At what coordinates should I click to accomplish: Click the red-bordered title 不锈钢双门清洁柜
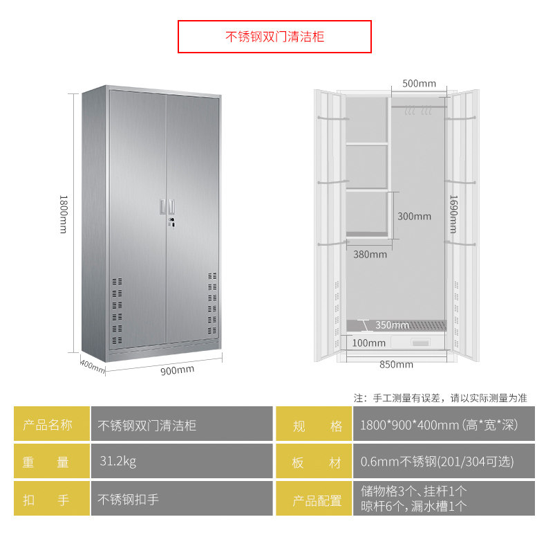(x=274, y=37)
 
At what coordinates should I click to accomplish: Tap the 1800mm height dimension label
(x=63, y=213)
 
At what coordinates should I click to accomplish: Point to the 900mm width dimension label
(x=177, y=370)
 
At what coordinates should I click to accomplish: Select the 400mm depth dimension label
(x=92, y=365)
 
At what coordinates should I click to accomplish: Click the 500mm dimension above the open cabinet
(x=419, y=84)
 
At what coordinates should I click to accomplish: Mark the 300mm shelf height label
(x=414, y=216)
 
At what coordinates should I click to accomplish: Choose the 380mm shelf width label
(x=370, y=254)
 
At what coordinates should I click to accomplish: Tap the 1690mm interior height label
(x=453, y=213)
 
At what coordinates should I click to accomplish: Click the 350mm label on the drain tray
(x=392, y=325)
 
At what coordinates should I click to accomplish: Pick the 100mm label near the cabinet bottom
(x=368, y=343)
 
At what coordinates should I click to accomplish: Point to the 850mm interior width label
(x=396, y=365)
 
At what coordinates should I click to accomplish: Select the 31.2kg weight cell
(x=117, y=461)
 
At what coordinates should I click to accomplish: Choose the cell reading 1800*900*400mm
(x=439, y=425)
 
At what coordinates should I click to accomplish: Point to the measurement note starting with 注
(x=440, y=398)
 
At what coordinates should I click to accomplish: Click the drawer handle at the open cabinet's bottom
(x=420, y=341)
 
